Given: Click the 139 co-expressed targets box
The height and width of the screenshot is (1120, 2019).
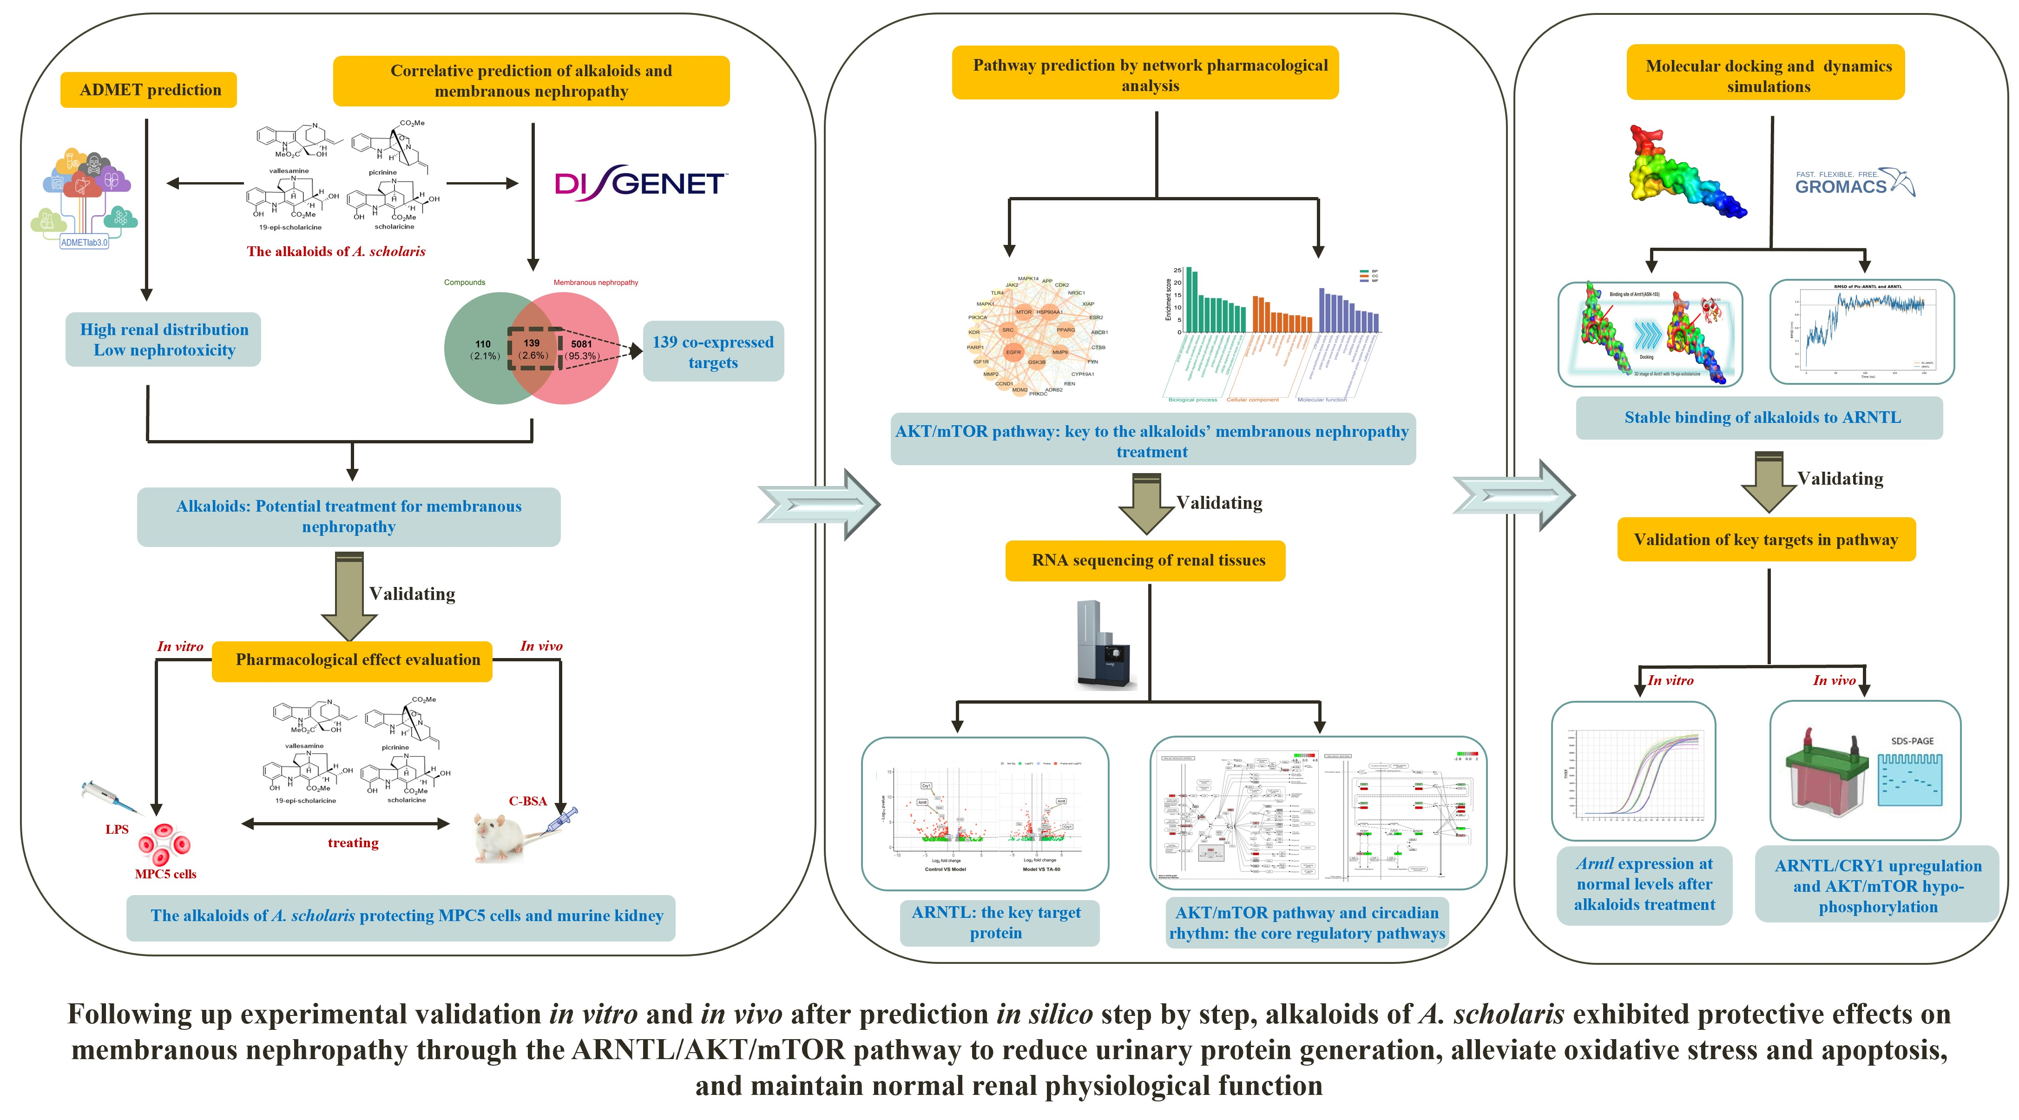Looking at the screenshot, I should point(712,352).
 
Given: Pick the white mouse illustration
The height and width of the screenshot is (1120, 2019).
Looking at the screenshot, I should point(502,837).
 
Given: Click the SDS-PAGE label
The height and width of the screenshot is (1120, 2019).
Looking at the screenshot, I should point(1912,741).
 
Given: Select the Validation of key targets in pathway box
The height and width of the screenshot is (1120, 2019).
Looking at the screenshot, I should point(1766,539).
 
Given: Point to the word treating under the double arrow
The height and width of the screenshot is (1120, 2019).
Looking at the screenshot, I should point(353,843).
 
